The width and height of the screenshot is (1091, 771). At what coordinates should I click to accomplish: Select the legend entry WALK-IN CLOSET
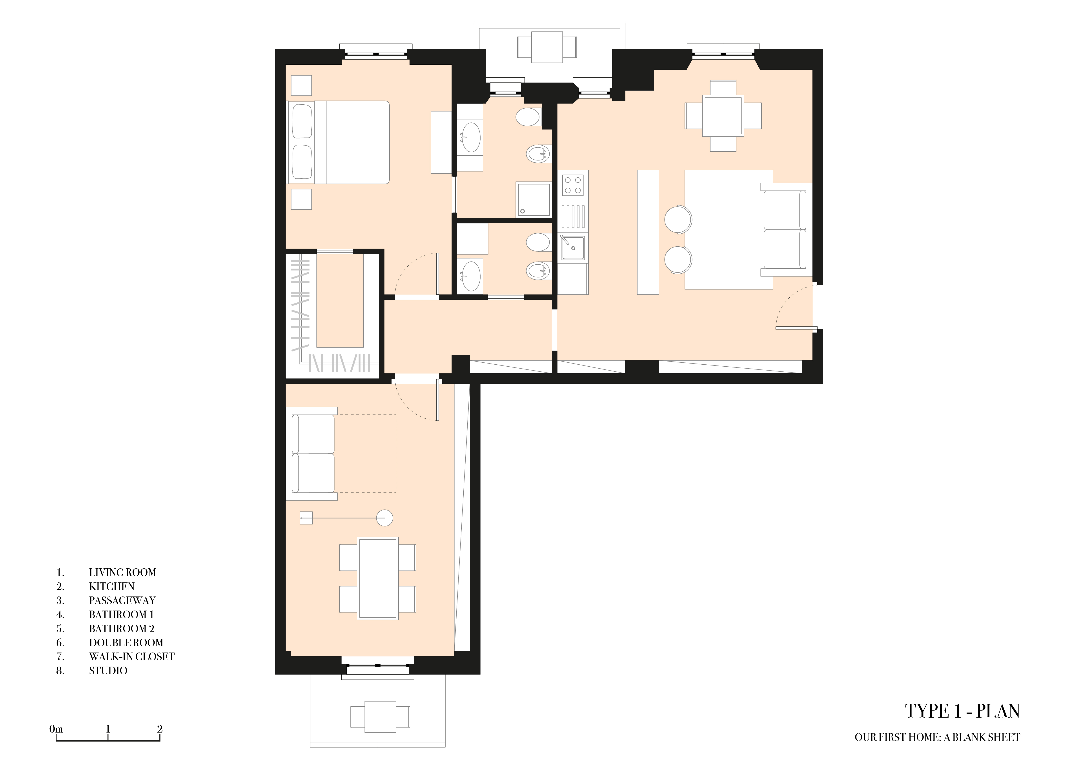(132, 656)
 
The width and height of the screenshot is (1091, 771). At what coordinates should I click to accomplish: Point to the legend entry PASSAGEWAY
(122, 600)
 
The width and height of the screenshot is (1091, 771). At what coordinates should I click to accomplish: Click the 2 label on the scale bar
(160, 729)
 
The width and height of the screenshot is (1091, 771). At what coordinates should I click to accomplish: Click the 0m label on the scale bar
(56, 729)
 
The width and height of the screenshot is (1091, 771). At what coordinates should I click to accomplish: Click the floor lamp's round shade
(385, 518)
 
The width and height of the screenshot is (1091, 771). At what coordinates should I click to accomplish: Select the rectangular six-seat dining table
(378, 578)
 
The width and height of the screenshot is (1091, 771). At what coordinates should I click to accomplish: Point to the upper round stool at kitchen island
(678, 220)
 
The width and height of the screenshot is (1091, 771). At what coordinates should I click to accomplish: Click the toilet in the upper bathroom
(527, 117)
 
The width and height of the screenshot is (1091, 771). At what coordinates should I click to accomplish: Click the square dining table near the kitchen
(723, 115)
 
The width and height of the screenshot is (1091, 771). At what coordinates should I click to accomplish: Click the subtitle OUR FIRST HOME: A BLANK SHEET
(938, 737)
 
